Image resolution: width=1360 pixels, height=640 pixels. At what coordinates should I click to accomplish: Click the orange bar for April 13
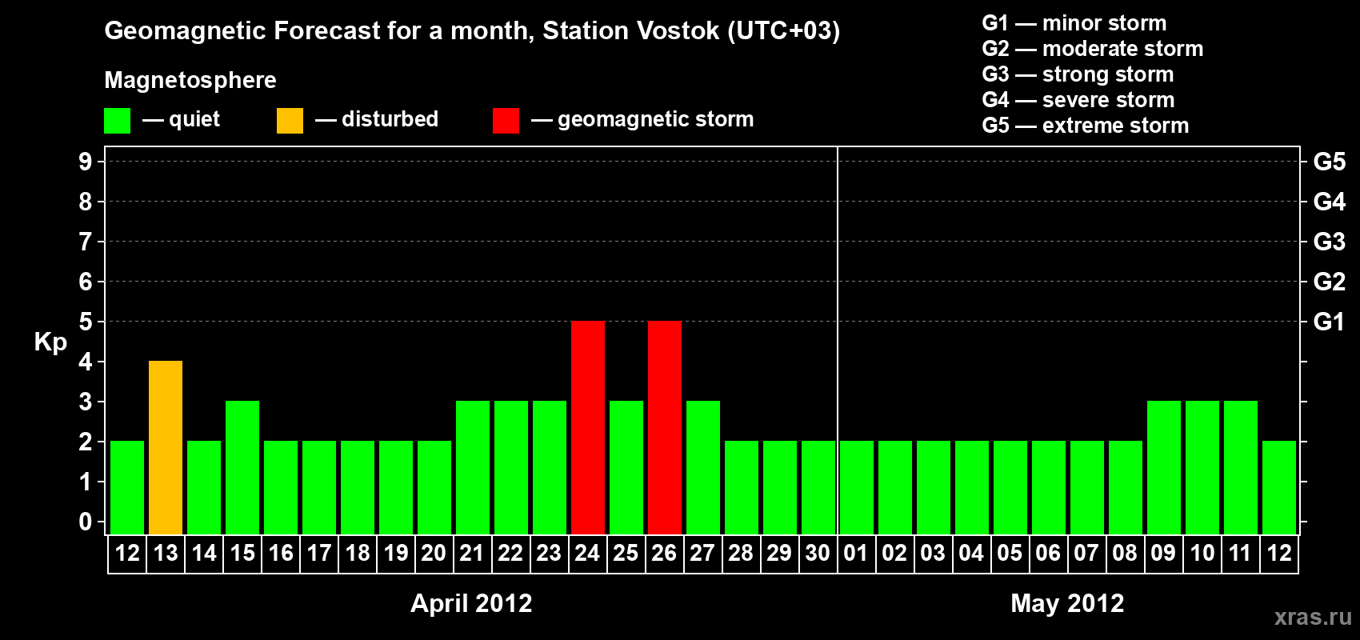(x=166, y=447)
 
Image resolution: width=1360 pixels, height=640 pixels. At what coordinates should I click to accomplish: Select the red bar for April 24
(x=588, y=427)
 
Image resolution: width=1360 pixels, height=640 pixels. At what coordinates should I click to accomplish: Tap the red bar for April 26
(x=665, y=427)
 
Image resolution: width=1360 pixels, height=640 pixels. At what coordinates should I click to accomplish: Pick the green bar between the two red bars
(x=626, y=467)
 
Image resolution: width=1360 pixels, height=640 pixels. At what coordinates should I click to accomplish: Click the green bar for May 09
(x=1164, y=467)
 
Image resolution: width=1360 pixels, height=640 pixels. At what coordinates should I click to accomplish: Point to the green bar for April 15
(x=242, y=467)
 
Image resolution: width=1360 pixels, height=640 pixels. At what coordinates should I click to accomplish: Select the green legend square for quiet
(x=117, y=120)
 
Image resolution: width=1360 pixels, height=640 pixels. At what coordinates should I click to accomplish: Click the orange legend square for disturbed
(x=290, y=120)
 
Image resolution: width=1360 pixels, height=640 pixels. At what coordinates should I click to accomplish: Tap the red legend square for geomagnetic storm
(x=506, y=120)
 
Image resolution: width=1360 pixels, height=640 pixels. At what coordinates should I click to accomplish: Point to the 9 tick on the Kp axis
(x=85, y=162)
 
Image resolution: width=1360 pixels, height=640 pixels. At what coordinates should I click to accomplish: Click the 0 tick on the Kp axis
(x=85, y=522)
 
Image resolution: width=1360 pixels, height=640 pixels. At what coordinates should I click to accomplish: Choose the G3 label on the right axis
(x=1329, y=242)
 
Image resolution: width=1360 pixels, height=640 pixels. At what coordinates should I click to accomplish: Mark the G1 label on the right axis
(x=1329, y=322)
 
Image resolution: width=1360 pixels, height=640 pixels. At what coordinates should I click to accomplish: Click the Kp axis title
(x=50, y=342)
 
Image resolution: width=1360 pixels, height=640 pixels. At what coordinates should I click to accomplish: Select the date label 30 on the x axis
(x=818, y=553)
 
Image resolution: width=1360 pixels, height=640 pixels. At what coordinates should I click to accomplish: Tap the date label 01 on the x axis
(x=856, y=553)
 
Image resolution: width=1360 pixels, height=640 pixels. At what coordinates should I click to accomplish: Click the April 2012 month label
(x=471, y=603)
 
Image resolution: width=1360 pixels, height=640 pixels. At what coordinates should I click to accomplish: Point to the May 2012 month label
(x=1066, y=603)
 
